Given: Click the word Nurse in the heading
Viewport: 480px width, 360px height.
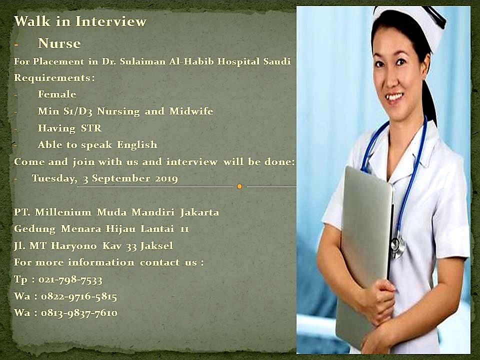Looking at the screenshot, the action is point(59,43).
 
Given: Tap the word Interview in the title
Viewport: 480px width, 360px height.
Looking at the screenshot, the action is point(111,21).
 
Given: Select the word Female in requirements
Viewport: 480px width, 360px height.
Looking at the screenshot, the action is point(57,94).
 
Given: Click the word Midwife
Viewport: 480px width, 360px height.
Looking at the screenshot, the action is point(191,111).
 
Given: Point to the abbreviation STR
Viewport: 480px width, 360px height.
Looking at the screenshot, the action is point(91,127).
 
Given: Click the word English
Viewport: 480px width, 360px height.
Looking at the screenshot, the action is point(137,145).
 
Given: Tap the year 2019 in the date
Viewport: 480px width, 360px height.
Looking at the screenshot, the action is point(166,178).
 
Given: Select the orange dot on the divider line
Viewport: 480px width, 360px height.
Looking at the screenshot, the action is point(239,186).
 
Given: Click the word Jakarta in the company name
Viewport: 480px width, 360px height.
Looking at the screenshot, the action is point(199,212).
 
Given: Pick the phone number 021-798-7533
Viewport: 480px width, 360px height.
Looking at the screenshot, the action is point(70,279).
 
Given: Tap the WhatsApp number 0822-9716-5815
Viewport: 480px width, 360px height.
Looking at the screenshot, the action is point(79,296).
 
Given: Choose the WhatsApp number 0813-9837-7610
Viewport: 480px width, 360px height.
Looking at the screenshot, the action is point(79,313).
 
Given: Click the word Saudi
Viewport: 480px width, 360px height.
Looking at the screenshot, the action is point(277,61).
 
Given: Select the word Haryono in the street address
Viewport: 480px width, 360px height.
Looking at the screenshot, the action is point(74,245).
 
